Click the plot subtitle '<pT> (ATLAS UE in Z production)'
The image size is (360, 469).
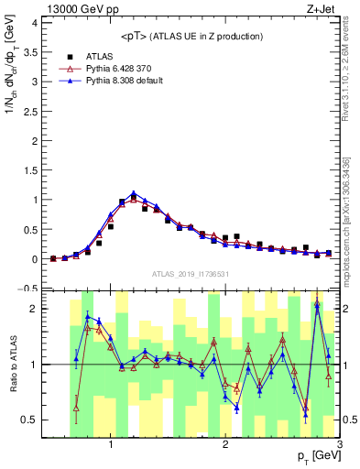click(192, 36)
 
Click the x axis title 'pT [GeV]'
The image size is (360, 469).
click(316, 457)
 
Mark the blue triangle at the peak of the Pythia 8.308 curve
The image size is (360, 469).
click(134, 193)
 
